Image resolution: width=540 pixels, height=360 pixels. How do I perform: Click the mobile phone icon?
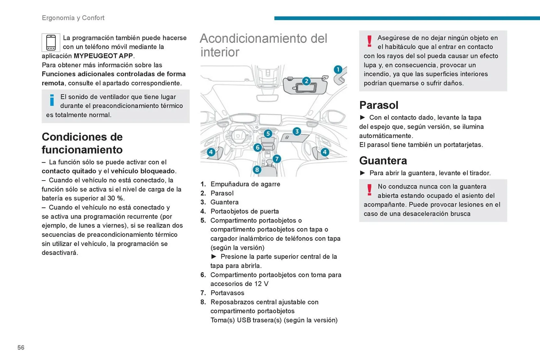(51, 42)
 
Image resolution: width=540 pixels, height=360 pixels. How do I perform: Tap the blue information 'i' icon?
(52, 100)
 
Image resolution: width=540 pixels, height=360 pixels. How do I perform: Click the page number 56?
(21, 347)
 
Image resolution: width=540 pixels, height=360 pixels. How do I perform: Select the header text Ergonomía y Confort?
(73, 18)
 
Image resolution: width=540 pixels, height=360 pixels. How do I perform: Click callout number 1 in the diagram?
(338, 69)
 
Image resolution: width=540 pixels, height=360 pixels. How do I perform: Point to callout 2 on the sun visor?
(306, 81)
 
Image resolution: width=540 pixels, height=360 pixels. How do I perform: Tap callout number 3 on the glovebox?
(297, 131)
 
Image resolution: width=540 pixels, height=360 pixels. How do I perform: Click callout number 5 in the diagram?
(268, 133)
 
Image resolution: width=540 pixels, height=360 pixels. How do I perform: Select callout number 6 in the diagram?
(257, 147)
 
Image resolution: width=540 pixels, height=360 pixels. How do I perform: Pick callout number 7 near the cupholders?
(277, 159)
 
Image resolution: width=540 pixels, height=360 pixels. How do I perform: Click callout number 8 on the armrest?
(257, 169)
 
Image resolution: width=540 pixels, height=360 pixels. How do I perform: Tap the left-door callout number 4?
(211, 152)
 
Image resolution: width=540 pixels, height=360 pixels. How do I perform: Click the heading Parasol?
(379, 105)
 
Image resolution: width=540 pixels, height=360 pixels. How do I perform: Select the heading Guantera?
(383, 160)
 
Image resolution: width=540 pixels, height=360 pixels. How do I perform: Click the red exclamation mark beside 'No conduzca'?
(369, 190)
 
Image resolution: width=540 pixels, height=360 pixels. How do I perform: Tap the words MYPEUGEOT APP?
(103, 56)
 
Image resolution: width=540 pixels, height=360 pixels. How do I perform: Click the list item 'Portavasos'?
(227, 293)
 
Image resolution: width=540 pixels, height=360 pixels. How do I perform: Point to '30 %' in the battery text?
(116, 198)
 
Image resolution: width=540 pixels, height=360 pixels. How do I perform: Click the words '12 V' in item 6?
(261, 284)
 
